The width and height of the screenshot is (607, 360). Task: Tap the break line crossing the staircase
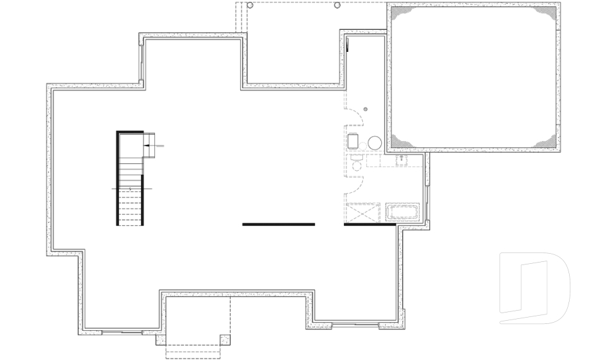[131, 189]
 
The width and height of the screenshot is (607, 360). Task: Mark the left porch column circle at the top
[250, 5]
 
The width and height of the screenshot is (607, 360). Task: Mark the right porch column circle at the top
[338, 5]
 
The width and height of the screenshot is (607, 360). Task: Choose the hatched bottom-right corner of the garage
[549, 142]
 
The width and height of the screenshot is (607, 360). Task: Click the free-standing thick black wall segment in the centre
[278, 224]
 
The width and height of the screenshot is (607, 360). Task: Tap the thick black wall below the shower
[370, 224]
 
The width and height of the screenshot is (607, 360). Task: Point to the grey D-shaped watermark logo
[534, 288]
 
